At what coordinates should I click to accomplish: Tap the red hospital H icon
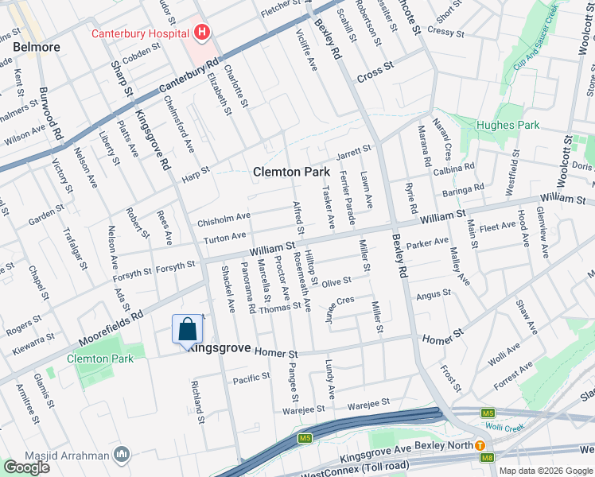202,33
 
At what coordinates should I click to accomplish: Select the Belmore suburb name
37,48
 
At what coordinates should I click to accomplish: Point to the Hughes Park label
508,125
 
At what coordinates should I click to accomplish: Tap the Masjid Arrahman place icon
122,455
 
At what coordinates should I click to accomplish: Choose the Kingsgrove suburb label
220,349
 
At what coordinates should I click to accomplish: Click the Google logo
27,467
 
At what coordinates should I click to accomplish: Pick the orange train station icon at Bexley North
480,446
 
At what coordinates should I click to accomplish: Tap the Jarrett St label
354,149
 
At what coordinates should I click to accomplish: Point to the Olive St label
336,281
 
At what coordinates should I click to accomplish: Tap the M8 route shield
486,456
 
